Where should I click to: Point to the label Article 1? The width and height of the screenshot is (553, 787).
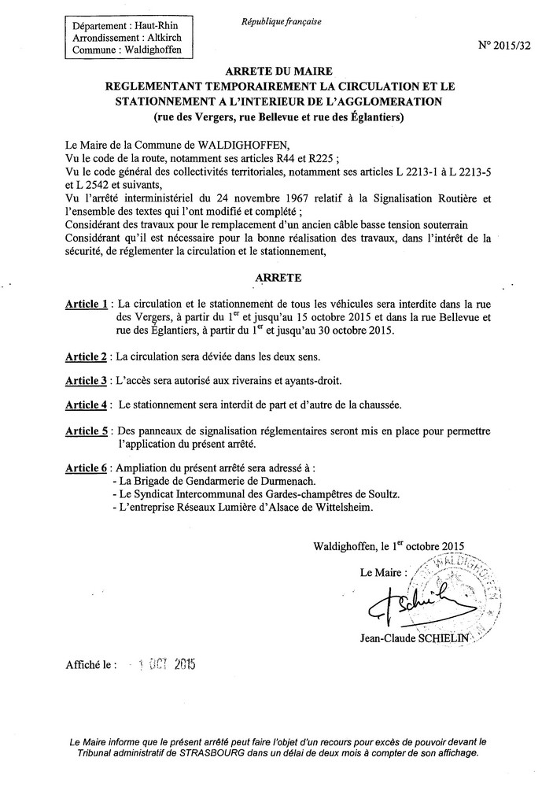[86, 304]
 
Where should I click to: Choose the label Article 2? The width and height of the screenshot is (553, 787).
[86, 357]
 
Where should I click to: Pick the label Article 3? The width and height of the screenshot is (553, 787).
[86, 381]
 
